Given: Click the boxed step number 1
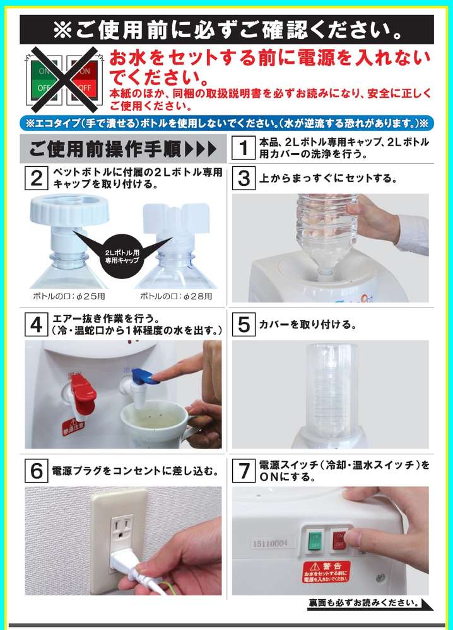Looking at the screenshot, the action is click(244, 148).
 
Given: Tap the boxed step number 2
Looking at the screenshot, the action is click(37, 178).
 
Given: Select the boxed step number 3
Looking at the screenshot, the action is click(244, 178).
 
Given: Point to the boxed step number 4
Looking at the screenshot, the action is click(37, 324).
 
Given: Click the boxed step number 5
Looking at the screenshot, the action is click(244, 324).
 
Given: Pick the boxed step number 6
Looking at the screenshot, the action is click(37, 471).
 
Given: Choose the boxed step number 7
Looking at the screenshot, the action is click(244, 471).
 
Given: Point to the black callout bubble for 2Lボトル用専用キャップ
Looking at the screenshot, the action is click(122, 256).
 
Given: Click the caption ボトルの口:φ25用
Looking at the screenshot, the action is click(69, 297).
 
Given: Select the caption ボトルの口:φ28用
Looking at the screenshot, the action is click(176, 297).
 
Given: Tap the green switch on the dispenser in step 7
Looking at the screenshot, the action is click(315, 541).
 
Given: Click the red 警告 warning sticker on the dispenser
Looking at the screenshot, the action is click(326, 573).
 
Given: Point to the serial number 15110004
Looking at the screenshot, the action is click(271, 544).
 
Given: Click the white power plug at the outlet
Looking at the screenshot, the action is click(124, 562).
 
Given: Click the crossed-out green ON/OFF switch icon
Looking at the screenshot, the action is click(44, 79).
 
